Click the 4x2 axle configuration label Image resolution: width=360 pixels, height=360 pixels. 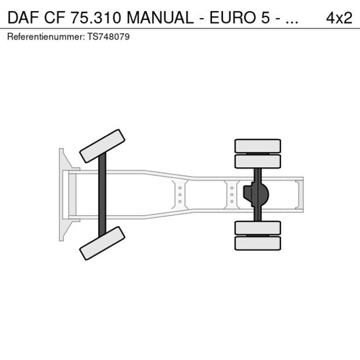pos(339,17)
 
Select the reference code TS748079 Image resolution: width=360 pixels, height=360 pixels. pos(109,37)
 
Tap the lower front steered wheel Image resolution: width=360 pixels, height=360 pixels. pos(103,243)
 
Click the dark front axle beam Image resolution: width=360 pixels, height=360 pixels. pos(102,195)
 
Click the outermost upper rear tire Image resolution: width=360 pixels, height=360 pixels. pos(257,145)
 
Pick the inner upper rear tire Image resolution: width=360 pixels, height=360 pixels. pos(257,161)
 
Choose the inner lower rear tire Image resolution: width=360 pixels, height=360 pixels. pos(257,228)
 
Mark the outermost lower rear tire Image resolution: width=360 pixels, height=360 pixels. pos(257,243)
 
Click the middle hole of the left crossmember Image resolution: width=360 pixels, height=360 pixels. pos(180,195)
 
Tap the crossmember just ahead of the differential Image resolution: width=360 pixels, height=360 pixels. pos(232,195)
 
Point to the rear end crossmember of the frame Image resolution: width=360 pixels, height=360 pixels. pos(298,194)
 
